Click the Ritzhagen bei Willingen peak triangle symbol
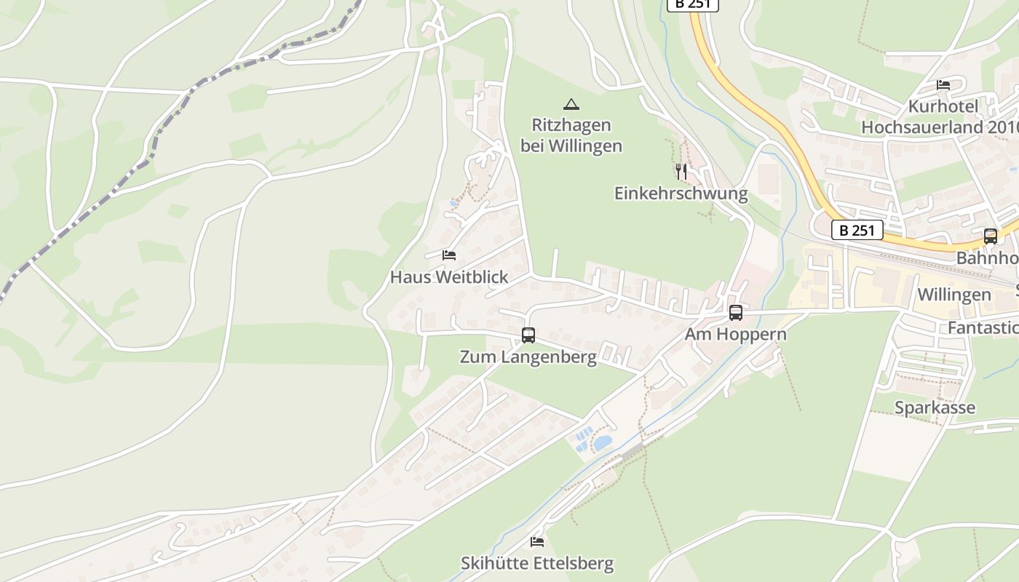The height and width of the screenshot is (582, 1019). (571, 104)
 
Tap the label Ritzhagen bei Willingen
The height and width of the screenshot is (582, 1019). (571, 135)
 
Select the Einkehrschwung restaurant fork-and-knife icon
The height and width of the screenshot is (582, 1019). (681, 172)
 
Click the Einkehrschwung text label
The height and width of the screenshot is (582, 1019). (681, 194)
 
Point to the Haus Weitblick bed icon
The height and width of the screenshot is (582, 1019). (449, 255)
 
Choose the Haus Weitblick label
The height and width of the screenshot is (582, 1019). (449, 277)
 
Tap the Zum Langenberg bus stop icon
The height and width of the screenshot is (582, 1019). (528, 335)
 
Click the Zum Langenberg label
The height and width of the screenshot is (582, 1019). (528, 357)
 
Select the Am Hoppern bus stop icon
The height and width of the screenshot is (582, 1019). (736, 313)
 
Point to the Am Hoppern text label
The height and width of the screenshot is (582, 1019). (736, 335)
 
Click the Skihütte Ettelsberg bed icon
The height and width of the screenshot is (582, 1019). (537, 542)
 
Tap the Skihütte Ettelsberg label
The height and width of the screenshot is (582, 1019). (537, 564)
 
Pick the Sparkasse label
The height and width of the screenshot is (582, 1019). (935, 408)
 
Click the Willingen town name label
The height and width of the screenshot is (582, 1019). (954, 295)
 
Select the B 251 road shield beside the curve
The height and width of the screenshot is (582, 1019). (857, 231)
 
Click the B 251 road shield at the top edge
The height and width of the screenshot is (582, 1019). (692, 4)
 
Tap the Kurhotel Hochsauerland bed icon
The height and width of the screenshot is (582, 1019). (943, 85)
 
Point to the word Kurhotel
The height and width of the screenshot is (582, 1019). (943, 107)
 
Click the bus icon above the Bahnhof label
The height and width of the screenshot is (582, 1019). (991, 236)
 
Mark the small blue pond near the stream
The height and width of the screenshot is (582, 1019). (603, 442)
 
